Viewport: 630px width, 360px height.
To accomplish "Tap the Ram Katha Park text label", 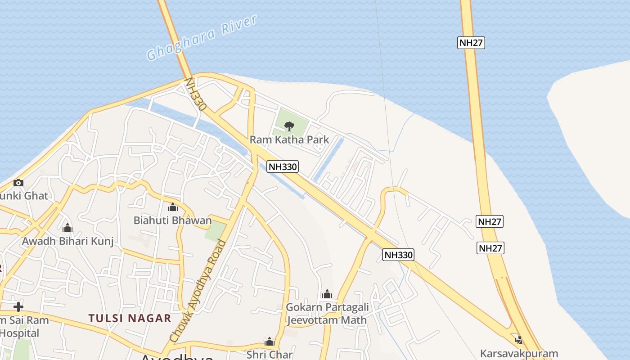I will tap(289, 139).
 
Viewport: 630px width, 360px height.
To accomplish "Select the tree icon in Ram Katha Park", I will tap(289, 126).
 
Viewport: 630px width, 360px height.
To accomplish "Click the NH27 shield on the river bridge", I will tap(471, 43).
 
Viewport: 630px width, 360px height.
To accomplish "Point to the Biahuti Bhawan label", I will tap(172, 220).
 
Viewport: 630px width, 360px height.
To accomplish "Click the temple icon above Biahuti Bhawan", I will tap(172, 207).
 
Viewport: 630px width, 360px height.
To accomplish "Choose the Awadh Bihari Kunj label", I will tap(67, 241).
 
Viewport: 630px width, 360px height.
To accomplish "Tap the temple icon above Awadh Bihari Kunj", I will tap(67, 228).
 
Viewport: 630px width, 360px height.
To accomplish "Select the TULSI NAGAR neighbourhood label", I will tap(130, 318).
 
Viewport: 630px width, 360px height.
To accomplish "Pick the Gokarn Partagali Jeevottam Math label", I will tap(327, 314).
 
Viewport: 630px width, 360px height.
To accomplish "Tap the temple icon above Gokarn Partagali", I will tap(327, 294).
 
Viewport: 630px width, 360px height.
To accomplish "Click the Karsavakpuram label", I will tap(519, 353).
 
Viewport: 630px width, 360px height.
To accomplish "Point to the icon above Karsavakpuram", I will tap(519, 340).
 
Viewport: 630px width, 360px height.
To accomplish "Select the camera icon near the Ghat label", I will tap(18, 183).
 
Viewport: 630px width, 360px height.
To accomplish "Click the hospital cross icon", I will tap(18, 307).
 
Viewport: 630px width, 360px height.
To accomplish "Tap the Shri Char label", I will tap(270, 355).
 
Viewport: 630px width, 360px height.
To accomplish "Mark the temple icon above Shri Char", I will tap(270, 342).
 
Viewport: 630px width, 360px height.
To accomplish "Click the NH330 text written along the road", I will tap(195, 94).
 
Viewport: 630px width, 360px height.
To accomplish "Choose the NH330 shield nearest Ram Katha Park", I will tap(283, 166).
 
